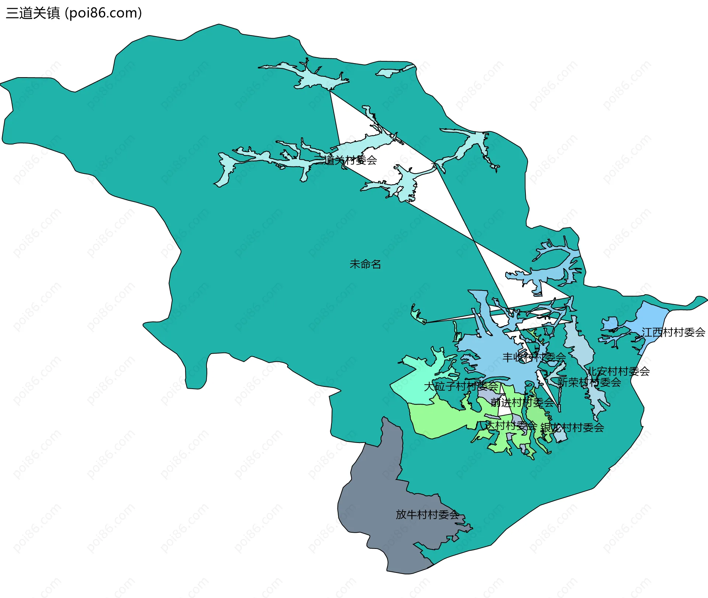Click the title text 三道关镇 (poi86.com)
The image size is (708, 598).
tap(74, 13)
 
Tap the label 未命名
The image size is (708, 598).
tap(365, 264)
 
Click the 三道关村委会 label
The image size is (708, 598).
tap(346, 160)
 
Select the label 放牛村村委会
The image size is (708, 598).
tap(427, 515)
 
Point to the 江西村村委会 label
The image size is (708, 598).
tap(673, 333)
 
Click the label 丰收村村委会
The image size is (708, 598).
tap(534, 357)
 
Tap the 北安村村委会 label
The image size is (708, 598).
tap(618, 371)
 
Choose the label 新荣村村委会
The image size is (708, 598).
tap(589, 382)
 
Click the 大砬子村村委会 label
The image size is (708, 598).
tap(461, 387)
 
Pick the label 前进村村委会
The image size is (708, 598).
tap(522, 403)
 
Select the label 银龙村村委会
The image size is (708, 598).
tap(572, 428)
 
